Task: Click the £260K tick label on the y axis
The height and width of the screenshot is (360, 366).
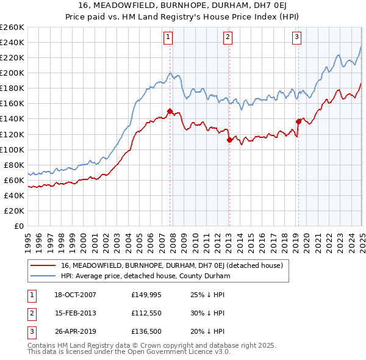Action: (12, 27)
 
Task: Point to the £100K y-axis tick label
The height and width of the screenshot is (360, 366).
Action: (12, 149)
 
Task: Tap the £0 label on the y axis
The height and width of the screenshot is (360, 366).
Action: (18, 226)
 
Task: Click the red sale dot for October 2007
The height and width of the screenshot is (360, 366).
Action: (170, 111)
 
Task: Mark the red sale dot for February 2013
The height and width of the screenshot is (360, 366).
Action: (229, 140)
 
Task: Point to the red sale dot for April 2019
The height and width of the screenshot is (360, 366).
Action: (298, 121)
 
